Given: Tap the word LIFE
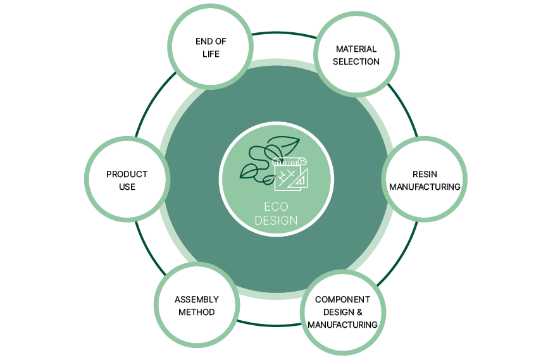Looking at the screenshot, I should point(211,54).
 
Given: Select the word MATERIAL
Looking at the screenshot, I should point(356,49).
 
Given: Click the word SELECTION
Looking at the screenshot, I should point(356,61).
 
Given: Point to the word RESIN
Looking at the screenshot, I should point(425,174).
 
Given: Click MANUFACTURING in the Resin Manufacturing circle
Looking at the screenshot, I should point(425,187).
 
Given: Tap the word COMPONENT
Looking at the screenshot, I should point(342,299).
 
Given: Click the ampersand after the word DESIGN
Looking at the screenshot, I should point(359,312).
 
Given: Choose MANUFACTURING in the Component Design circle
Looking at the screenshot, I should point(342,325).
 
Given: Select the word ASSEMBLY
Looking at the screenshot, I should point(197,299).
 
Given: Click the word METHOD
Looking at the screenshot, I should point(196,312).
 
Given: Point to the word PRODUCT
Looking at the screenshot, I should point(127,174).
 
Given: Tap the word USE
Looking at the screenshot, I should point(127,187).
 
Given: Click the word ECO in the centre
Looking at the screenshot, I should point(276,207).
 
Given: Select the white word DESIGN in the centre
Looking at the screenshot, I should point(276,220).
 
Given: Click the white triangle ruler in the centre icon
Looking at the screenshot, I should point(298,178).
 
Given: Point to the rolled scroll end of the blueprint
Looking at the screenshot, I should point(303,161).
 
